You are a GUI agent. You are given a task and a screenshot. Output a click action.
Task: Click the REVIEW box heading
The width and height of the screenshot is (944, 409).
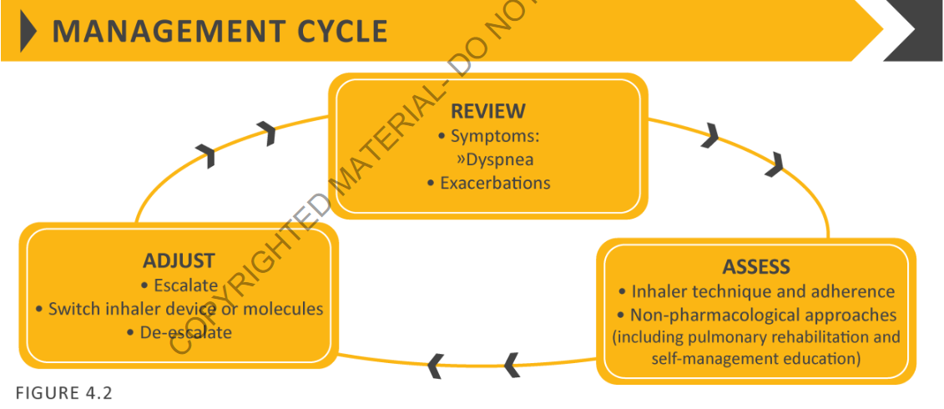point(488,111)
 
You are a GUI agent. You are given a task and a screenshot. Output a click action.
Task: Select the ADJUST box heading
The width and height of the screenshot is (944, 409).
point(179,260)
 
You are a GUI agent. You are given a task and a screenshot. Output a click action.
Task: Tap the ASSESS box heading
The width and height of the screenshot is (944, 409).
point(755,267)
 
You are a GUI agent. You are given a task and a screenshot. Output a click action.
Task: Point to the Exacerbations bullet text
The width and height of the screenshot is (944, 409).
point(495,182)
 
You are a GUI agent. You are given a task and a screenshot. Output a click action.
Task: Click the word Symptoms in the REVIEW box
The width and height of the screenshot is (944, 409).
point(487,135)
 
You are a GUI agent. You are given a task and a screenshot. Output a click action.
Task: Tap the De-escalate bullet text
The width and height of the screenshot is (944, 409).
point(184,332)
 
